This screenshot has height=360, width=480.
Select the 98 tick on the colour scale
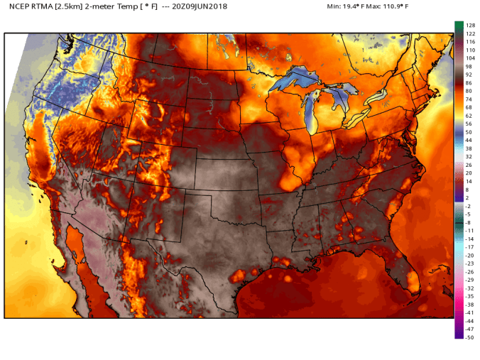coord(469,66)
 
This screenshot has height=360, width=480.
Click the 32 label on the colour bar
coord(469,157)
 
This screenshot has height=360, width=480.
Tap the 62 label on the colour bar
coord(469,115)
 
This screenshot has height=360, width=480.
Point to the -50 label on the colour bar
coord(469,337)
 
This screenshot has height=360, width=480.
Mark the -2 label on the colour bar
coord(469,206)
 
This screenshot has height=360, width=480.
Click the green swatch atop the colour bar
coord(459,26)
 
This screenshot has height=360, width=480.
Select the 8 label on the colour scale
coord(469,190)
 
